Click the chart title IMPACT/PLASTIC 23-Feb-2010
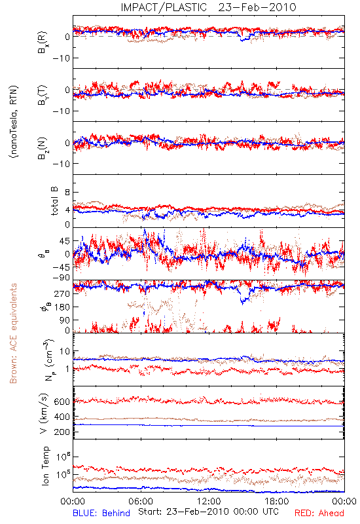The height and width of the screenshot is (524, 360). click(208, 7)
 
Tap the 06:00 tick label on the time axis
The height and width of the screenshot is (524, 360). click(141, 502)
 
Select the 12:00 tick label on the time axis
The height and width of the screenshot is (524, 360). click(209, 502)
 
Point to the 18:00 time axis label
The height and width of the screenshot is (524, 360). click(277, 502)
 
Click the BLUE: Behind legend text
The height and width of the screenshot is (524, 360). click(101, 513)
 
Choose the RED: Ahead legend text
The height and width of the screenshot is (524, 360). click(319, 513)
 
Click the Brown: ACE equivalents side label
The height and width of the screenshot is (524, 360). click(13, 333)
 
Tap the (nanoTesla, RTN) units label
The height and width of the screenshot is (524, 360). click(14, 122)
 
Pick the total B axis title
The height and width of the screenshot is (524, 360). click(54, 201)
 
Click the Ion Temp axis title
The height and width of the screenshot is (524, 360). click(45, 466)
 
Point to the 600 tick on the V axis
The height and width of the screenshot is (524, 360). click(62, 402)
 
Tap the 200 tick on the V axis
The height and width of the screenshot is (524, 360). click(62, 432)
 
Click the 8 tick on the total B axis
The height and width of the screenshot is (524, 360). click(67, 193)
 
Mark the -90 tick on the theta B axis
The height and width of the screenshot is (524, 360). click(61, 278)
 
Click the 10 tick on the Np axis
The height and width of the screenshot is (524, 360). click(65, 351)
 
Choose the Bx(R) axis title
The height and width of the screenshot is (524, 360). click(43, 42)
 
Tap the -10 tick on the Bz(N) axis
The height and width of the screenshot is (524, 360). click(61, 164)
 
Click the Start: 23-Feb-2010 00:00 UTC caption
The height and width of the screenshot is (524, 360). click(208, 512)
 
